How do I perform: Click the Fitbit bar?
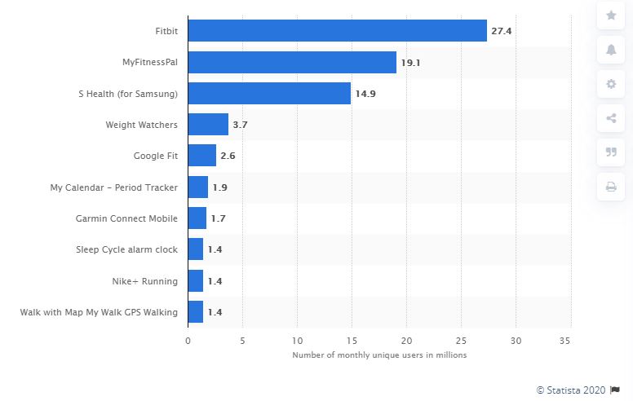click(337, 31)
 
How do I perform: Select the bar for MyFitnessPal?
click(292, 62)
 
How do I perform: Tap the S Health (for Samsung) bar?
click(269, 93)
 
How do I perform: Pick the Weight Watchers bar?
click(208, 125)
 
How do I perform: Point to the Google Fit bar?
click(202, 156)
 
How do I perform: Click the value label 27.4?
click(500, 31)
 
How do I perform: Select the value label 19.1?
click(410, 62)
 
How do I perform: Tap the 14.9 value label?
click(365, 94)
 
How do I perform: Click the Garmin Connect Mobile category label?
click(127, 218)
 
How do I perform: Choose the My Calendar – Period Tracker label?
click(114, 187)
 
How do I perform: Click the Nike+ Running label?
click(144, 281)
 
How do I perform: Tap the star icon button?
click(611, 15)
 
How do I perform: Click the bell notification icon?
click(611, 50)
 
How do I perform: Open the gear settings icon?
click(611, 84)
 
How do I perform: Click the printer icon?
click(611, 187)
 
